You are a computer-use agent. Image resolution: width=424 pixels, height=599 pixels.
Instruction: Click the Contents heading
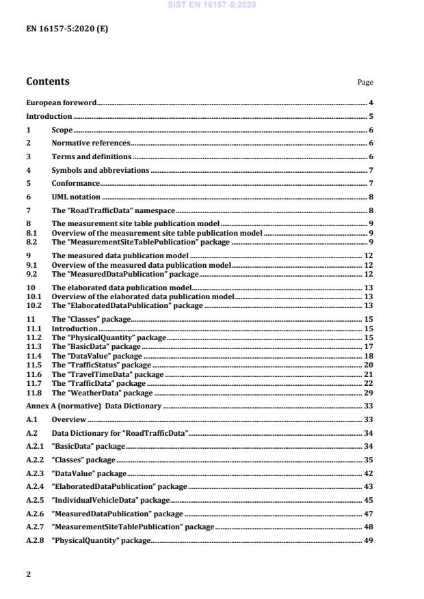pos(48,82)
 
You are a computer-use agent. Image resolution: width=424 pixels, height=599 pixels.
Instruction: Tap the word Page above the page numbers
pos(365,83)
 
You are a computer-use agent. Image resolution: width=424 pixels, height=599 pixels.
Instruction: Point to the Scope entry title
pos(62,130)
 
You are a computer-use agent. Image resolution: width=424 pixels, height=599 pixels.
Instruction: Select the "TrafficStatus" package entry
pos(101,365)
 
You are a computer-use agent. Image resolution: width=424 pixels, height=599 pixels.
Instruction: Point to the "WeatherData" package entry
pos(102,393)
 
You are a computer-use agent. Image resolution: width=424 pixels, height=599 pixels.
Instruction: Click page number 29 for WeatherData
pos(367,393)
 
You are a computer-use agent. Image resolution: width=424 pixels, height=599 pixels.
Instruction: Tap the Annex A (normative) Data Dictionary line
pos(94,406)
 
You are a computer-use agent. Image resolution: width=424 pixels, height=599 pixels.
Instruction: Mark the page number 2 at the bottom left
pos(29,574)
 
